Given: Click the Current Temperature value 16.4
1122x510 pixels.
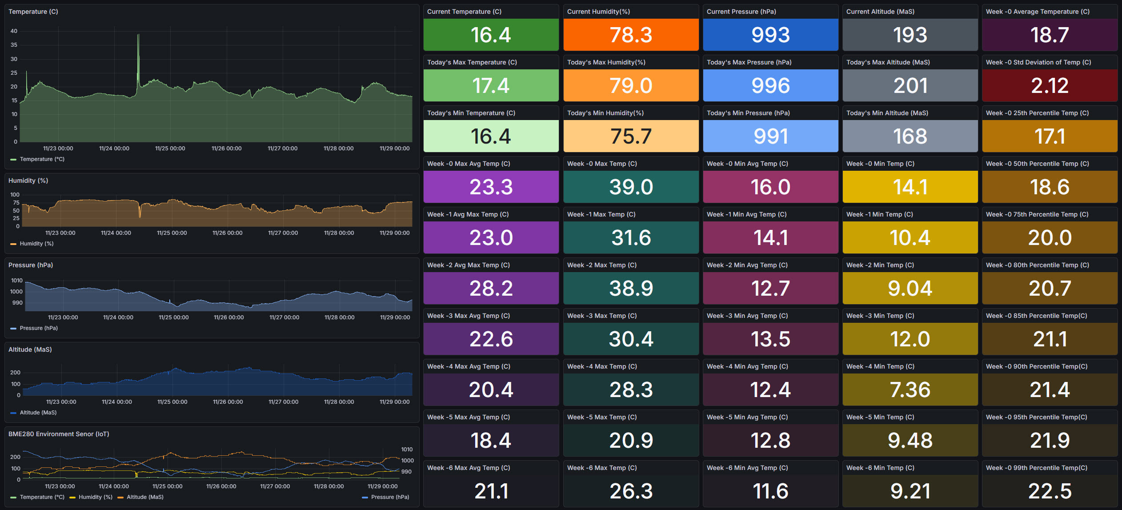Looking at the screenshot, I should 491,35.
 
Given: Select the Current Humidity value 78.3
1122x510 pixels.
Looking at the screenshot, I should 631,35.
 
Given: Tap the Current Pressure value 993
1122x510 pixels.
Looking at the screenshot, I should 770,35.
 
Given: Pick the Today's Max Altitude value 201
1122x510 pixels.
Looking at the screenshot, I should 910,85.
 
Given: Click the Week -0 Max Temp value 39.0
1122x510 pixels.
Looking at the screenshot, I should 631,187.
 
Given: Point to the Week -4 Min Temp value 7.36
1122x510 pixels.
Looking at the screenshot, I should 910,390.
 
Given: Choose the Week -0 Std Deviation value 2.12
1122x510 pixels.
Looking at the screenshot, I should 1050,85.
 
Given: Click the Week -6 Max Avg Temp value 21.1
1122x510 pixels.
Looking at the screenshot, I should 491,491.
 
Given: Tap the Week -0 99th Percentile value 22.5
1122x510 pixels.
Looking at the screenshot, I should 1050,491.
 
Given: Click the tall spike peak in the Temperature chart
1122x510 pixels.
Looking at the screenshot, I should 138,35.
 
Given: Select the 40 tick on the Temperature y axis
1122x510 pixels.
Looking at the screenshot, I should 14,31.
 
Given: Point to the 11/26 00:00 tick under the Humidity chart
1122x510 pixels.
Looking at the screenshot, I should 227,233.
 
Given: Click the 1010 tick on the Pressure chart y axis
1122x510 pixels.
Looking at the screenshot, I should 17,281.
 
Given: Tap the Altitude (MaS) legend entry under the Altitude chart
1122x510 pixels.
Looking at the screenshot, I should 38,413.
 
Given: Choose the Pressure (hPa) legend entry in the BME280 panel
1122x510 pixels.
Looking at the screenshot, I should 389,497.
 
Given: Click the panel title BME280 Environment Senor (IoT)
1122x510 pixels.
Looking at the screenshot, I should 59,434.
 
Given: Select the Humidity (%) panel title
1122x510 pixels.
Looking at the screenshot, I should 28,181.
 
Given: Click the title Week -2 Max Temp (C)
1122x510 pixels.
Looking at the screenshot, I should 601,265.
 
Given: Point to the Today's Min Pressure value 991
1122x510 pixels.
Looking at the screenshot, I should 770,136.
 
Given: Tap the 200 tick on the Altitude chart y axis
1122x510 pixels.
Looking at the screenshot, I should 15,373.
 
